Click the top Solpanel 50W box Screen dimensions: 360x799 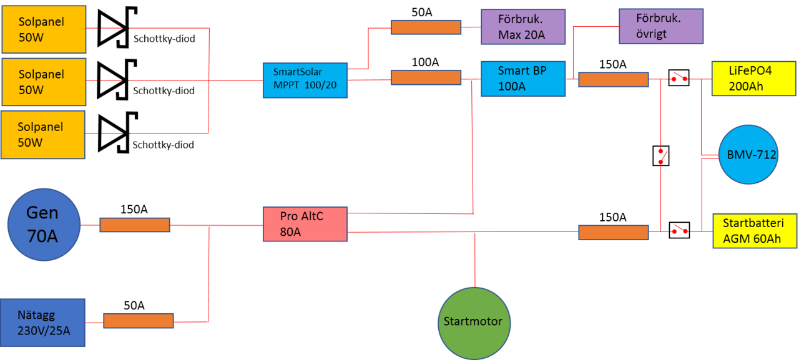point(43,29)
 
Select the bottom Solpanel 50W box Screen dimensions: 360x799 point(42,134)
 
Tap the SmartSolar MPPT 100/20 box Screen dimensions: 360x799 point(305,79)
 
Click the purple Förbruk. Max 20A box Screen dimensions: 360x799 point(522,27)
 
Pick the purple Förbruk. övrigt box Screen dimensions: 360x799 point(660,27)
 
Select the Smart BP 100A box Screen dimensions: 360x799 point(523,79)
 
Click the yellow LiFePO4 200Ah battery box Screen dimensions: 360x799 point(754,79)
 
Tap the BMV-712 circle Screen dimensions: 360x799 point(747,154)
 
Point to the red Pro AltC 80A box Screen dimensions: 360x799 point(305,225)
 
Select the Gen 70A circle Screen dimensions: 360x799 point(44,225)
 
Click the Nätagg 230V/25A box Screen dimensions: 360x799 point(42,323)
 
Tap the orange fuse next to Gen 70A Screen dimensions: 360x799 point(135,225)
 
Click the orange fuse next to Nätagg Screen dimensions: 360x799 point(138,321)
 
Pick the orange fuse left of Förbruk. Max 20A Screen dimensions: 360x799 point(426,27)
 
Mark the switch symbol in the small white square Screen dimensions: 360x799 point(660,155)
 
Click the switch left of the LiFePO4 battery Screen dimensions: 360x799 point(679,79)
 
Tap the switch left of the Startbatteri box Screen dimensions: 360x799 point(679,231)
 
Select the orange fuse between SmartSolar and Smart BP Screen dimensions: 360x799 point(426,77)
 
